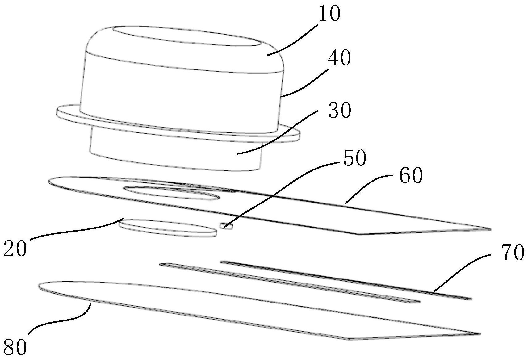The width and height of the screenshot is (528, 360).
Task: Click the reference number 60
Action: pyautogui.click(x=411, y=177)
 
